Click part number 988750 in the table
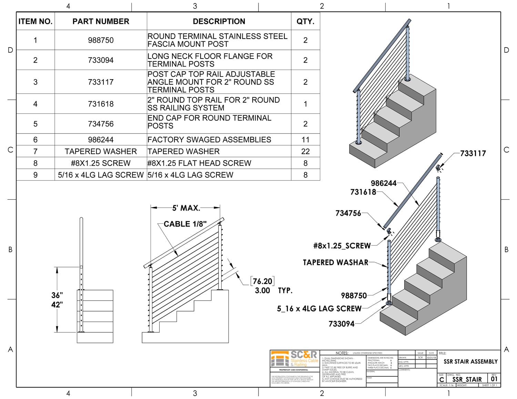[x=101, y=40]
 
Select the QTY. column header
[x=305, y=21]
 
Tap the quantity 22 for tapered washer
[x=305, y=151]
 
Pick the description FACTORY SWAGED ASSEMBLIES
[x=209, y=140]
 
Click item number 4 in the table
[x=35, y=104]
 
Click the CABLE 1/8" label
[x=185, y=224]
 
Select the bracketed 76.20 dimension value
[x=263, y=281]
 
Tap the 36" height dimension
[x=57, y=295]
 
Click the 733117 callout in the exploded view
[x=473, y=154]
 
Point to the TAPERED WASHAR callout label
[x=335, y=262]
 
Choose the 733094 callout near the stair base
[x=342, y=324]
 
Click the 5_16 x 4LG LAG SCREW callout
[x=319, y=309]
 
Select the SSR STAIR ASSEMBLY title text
[x=470, y=361]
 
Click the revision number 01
[x=494, y=379]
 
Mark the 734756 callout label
[x=348, y=213]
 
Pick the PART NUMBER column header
[x=101, y=21]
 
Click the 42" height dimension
[x=57, y=305]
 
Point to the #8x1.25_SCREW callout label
[x=342, y=246]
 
